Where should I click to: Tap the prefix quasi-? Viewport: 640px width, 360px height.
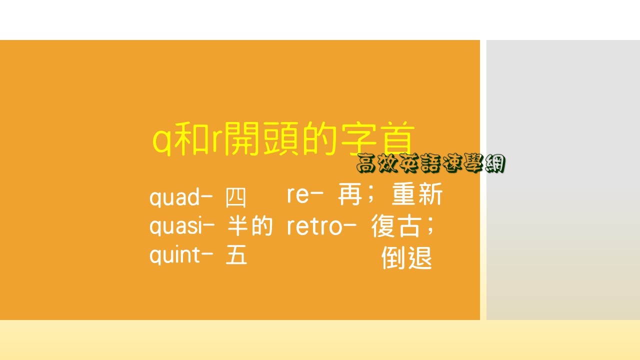coord(182,227)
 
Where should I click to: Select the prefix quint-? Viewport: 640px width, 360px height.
coord(181,255)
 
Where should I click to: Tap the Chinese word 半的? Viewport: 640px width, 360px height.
coord(250,227)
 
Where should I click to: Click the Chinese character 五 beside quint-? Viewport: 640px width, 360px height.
coord(236,256)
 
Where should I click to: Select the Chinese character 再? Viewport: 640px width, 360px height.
coord(350,195)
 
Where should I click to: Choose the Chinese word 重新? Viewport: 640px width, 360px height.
coord(417,195)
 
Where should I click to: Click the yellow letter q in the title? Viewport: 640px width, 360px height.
coord(162,141)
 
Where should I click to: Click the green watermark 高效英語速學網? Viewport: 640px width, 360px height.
coord(431,163)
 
